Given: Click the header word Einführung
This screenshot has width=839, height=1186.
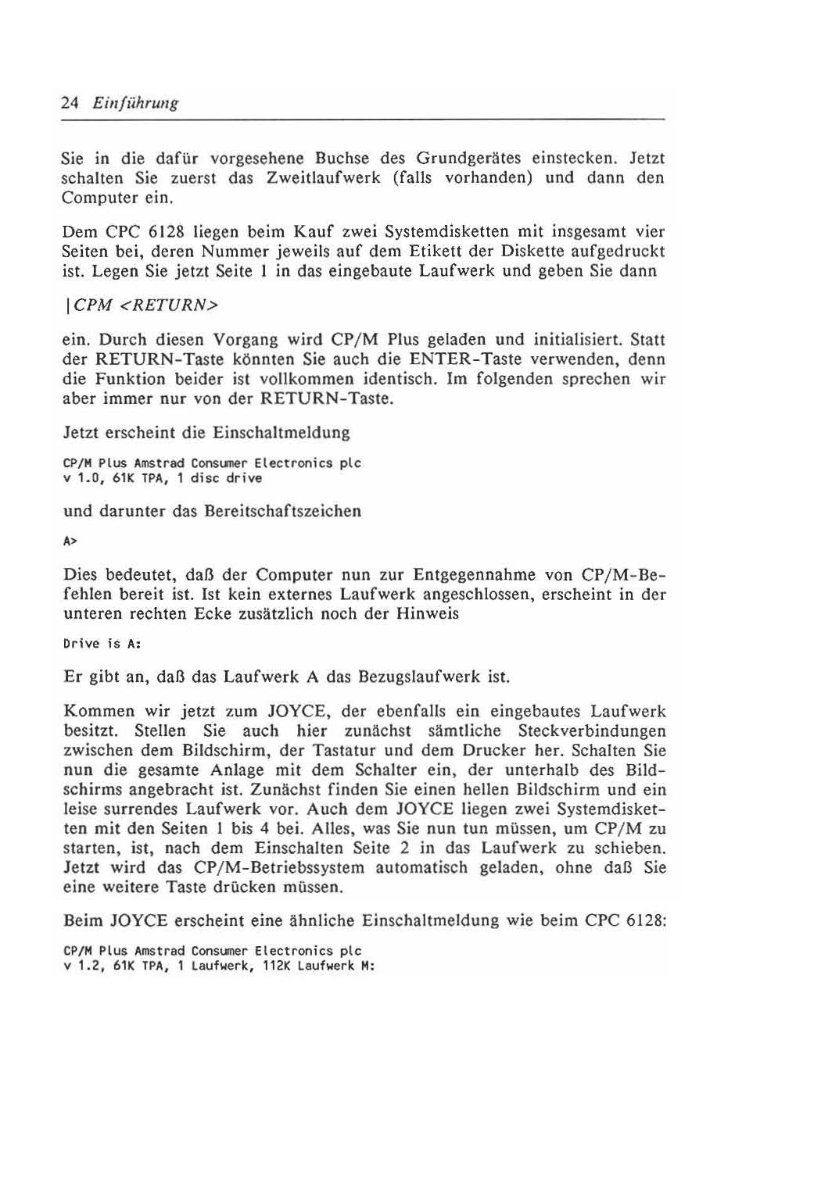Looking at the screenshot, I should (x=135, y=103).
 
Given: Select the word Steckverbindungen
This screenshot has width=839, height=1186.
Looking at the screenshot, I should (x=592, y=731).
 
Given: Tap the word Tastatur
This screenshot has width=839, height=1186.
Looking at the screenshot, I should (x=339, y=751).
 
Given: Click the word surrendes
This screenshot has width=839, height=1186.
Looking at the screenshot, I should (x=143, y=809).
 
